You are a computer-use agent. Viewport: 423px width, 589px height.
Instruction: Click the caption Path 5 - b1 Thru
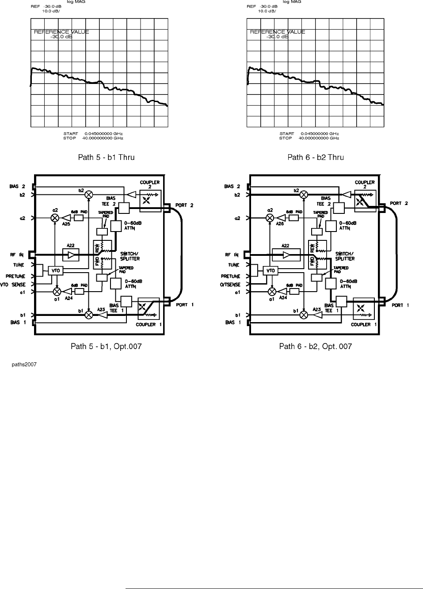coord(106,157)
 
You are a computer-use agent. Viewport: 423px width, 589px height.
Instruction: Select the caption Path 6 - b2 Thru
coord(316,157)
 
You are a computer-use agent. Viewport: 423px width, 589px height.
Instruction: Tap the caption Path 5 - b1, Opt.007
coord(106,346)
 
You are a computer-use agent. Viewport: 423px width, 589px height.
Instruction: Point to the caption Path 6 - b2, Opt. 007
coord(316,346)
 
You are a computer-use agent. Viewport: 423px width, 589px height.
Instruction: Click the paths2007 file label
coord(24,365)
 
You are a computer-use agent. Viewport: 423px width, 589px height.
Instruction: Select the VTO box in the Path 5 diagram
coord(56,270)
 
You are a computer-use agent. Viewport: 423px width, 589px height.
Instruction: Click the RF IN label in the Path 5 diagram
coord(17,255)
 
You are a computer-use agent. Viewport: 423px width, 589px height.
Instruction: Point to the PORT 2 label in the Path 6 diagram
coord(399,203)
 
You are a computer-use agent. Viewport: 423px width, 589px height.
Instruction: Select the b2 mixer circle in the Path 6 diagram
coord(304,194)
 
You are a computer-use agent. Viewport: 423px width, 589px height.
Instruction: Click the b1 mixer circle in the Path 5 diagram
coord(89,315)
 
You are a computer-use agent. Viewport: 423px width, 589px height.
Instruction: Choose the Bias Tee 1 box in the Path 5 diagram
coord(126,302)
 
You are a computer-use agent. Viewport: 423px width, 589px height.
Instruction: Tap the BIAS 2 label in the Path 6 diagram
coord(232,186)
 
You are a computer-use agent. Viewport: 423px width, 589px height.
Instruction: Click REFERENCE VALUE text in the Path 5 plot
coord(61,32)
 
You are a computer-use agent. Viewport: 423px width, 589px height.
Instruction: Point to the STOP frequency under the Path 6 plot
coord(309,138)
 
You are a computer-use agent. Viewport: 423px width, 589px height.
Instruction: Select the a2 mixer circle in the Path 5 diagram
coord(55,218)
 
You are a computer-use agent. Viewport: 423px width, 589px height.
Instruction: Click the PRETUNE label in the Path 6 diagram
coord(231,277)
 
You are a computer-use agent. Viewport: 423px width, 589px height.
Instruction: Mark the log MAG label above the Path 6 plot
coord(292,2)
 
